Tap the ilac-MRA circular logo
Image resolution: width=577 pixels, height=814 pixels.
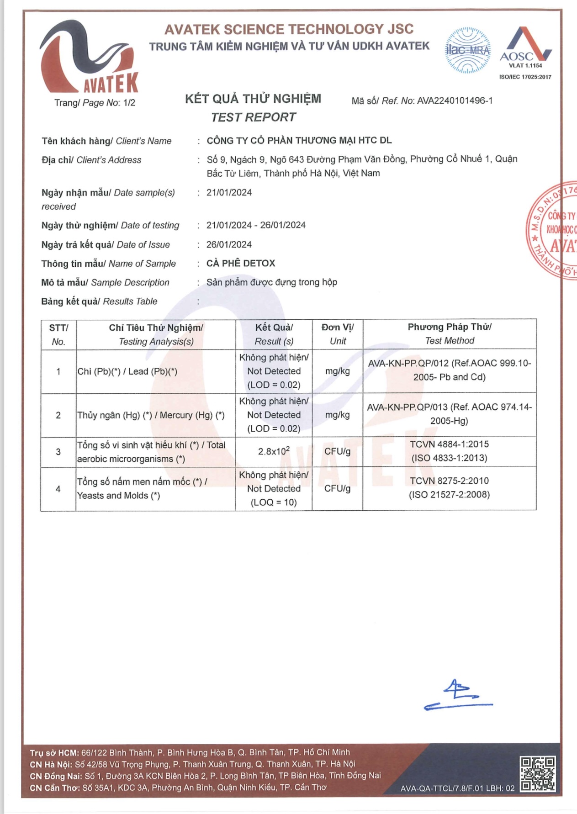[467, 51]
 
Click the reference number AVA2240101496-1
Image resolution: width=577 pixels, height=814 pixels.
[455, 101]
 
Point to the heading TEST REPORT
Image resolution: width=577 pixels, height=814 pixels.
[254, 117]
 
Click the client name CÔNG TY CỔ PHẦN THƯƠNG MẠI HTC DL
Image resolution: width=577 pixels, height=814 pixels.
[299, 141]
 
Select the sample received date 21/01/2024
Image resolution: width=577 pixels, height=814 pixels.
[229, 193]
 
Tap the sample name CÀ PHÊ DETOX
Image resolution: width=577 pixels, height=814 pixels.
[241, 264]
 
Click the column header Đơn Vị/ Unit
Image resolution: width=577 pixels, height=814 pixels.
[337, 334]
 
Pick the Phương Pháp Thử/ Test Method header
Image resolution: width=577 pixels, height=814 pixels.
[449, 334]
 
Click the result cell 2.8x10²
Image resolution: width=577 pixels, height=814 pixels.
[274, 451]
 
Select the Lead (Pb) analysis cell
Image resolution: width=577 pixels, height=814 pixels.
[127, 371]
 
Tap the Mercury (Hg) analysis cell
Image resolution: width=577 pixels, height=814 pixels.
[151, 415]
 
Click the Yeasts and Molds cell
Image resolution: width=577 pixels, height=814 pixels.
[142, 488]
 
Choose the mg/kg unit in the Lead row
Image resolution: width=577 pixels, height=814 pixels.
[337, 371]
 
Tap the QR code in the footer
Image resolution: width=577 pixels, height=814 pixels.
[538, 773]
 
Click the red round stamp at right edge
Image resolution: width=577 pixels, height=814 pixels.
[553, 231]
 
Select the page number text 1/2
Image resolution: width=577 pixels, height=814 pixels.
[129, 103]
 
